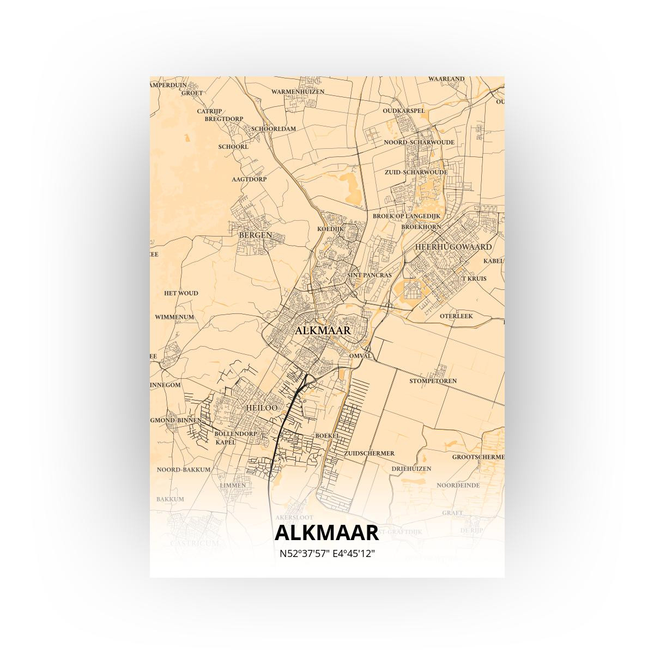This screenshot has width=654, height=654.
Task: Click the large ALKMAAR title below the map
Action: (326, 532)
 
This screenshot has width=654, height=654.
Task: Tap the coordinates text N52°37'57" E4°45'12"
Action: (327, 554)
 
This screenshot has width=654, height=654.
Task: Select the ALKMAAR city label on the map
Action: (323, 330)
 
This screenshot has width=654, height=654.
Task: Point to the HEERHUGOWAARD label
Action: (453, 246)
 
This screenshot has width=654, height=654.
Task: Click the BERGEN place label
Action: (255, 235)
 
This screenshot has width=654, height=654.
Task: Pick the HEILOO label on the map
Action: (262, 408)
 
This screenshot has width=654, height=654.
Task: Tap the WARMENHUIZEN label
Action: (298, 92)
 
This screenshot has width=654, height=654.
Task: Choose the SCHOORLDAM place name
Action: (274, 129)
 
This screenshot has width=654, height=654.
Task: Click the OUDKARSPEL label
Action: (403, 111)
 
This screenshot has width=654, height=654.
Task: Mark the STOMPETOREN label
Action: (433, 381)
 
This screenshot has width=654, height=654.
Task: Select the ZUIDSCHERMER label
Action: (369, 453)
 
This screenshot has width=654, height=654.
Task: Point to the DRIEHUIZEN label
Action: (411, 469)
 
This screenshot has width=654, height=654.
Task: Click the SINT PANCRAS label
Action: (369, 275)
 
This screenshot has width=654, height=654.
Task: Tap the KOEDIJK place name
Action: (330, 229)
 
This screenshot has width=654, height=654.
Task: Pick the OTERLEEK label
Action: (456, 316)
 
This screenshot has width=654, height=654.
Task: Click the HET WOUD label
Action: (181, 293)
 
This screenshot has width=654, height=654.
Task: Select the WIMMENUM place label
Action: (174, 317)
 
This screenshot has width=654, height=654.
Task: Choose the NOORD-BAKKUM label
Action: (184, 469)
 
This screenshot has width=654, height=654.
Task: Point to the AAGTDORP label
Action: (249, 179)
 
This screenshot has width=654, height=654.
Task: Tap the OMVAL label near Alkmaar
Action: (360, 356)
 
